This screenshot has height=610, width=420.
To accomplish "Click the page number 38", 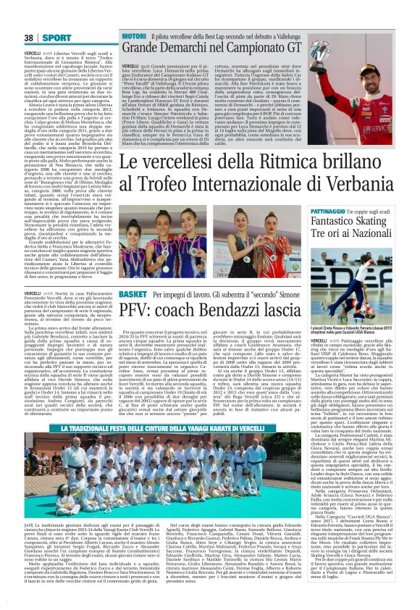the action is pyautogui.click(x=10, y=17).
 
